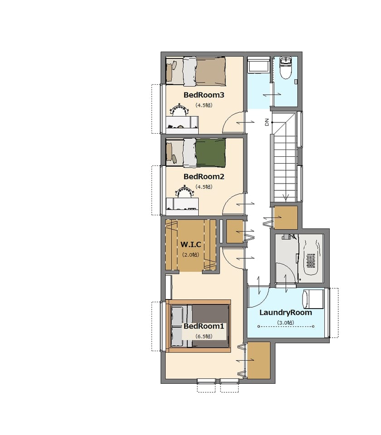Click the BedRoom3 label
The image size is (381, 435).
pos(204,95)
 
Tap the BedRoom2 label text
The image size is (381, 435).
pos(204,176)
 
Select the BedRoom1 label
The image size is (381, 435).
pos(204,326)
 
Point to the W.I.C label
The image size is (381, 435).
pos(191,244)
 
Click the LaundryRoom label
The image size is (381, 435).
pos(285,313)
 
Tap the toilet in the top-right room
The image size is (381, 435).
pos(285,68)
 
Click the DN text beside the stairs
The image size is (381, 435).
pos(267,122)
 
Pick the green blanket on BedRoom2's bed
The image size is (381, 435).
pos(210,153)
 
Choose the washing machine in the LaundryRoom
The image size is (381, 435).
pos(313,299)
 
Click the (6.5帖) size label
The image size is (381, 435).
pos(204,336)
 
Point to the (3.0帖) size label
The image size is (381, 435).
pos(285,323)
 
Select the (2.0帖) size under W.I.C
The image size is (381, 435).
pos(190,255)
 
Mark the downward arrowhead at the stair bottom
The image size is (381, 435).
pos(286,198)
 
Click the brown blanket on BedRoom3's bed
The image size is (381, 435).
pos(210,71)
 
